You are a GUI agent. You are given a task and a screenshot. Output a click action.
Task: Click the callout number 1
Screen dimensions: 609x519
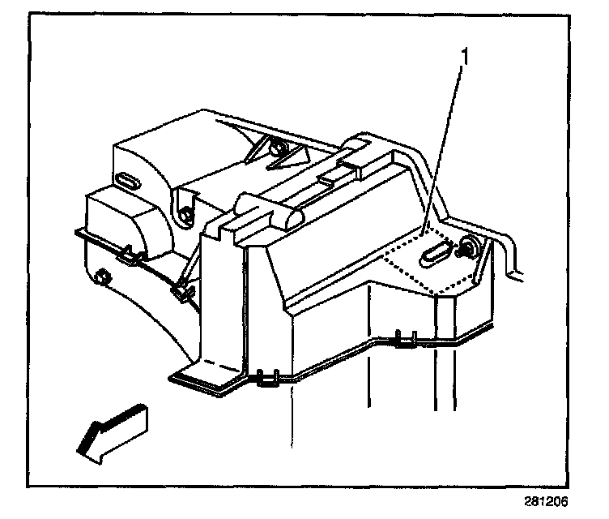[x=464, y=58]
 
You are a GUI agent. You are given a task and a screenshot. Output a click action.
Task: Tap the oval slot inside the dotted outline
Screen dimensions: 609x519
[x=436, y=252]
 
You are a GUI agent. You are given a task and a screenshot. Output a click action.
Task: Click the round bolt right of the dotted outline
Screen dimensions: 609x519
[x=468, y=247]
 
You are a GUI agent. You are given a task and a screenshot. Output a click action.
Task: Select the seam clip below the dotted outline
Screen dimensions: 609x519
[x=406, y=338]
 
